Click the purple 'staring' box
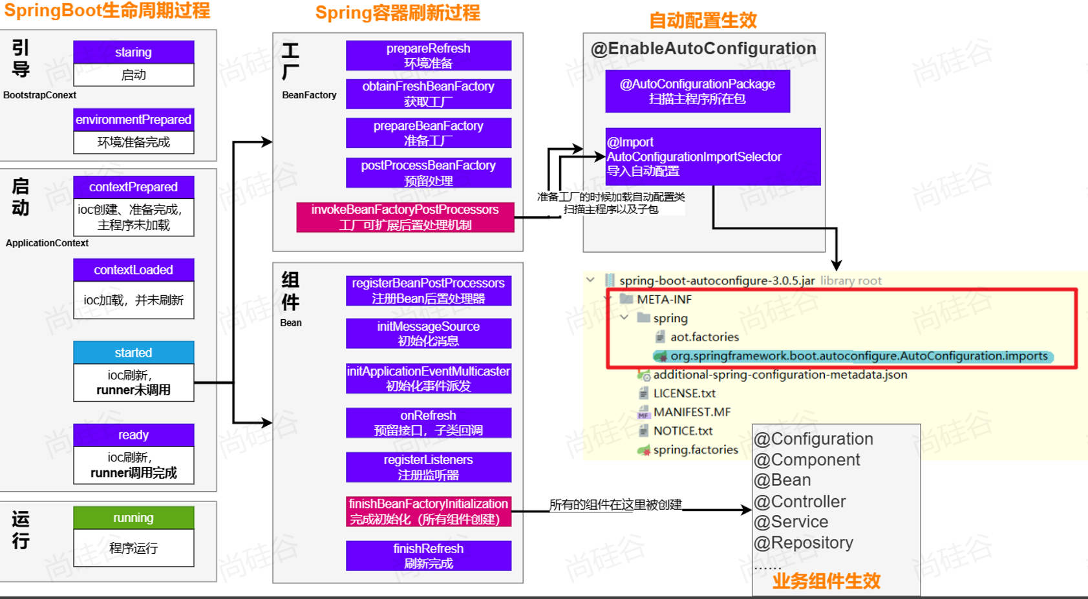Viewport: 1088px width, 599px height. click(133, 52)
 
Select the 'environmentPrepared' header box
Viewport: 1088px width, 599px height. click(133, 120)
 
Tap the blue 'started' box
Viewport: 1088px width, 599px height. click(133, 353)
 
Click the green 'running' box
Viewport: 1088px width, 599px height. click(133, 518)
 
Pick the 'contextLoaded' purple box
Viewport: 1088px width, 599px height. click(133, 270)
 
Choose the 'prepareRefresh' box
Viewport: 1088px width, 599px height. click(428, 56)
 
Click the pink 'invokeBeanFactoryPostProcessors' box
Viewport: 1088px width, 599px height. click(405, 217)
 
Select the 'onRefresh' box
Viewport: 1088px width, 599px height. click(428, 423)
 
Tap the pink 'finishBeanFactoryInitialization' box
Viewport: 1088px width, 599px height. click(428, 511)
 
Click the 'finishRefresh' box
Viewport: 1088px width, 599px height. click(428, 556)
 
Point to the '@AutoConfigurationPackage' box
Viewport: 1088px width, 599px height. click(697, 91)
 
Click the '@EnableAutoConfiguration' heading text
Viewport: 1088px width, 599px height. click(703, 49)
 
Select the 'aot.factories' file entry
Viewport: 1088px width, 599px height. click(704, 337)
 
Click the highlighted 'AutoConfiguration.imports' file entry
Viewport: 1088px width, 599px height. click(859, 356)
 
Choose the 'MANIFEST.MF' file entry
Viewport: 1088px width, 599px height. click(692, 412)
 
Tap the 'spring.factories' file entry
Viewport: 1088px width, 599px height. click(695, 450)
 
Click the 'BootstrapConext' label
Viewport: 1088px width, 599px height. click(39, 95)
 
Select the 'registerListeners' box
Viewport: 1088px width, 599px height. click(428, 467)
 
